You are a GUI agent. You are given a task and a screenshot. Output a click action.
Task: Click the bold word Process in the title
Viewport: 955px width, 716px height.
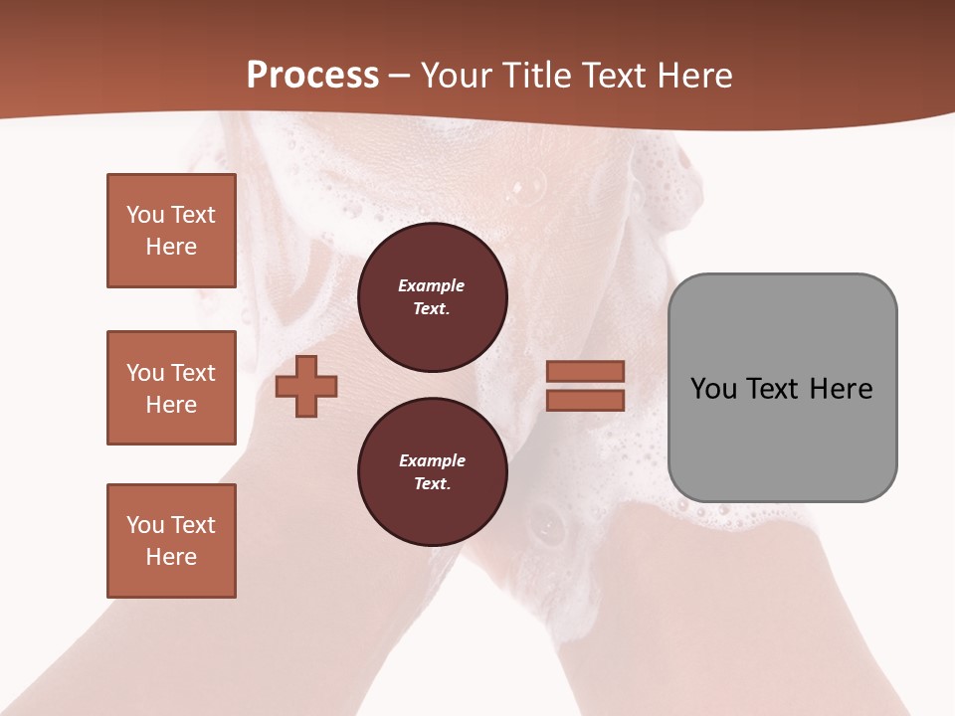point(312,76)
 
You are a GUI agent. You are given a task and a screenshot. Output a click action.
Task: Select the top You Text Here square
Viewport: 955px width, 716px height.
point(171,231)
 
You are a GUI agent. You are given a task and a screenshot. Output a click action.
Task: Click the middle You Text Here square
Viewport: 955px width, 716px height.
point(171,388)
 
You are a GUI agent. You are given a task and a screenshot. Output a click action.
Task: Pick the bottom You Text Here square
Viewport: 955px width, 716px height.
point(171,541)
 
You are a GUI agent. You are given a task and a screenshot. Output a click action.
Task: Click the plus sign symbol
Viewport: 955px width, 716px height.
point(306,386)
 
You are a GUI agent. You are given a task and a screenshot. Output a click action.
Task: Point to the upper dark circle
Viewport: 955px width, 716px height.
point(432,297)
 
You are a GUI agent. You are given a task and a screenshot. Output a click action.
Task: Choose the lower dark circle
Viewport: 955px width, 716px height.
point(432,472)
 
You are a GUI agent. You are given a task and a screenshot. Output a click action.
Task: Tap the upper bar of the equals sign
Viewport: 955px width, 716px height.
point(585,371)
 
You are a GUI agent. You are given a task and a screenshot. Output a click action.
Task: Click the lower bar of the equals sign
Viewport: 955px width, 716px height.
point(585,401)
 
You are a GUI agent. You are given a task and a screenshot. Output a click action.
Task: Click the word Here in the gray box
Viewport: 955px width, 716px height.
point(841,388)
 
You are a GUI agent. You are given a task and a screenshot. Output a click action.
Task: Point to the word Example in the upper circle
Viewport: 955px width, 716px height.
point(432,285)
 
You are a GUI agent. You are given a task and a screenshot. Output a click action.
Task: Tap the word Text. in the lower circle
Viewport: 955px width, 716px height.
point(432,484)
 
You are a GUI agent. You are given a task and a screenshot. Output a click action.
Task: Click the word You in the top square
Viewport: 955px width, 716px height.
point(143,215)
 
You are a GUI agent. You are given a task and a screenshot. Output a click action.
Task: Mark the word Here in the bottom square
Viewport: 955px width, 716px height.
point(171,557)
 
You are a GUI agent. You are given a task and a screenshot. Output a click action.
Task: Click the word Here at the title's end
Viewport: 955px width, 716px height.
point(694,76)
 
